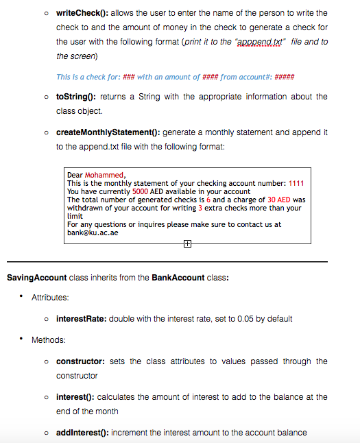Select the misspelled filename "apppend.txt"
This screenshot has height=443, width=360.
pyautogui.click(x=262, y=42)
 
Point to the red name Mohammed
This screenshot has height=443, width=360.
pyautogui.click(x=104, y=175)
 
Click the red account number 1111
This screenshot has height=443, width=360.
pyautogui.click(x=296, y=183)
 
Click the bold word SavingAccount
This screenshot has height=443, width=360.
pyautogui.click(x=36, y=278)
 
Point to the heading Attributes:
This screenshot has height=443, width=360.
pyautogui.click(x=50, y=297)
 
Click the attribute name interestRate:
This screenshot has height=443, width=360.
pyautogui.click(x=81, y=319)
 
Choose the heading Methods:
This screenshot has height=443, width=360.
pyautogui.click(x=48, y=340)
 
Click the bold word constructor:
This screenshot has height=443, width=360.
pyautogui.click(x=80, y=361)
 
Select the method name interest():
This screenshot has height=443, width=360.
pyautogui.click(x=76, y=397)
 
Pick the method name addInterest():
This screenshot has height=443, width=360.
pyautogui.click(x=82, y=432)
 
